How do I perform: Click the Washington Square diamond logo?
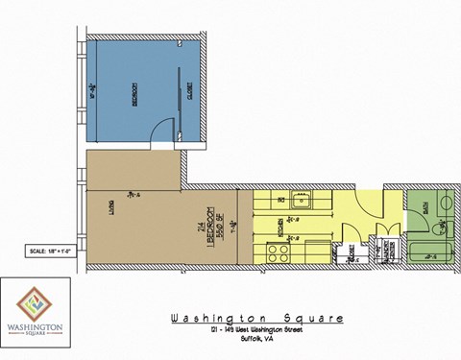pyautogui.click(x=37, y=304)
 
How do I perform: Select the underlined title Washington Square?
pyautogui.click(x=255, y=320)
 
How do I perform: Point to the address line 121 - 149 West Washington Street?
pyautogui.click(x=256, y=332)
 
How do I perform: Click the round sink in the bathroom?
pyautogui.click(x=443, y=204)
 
